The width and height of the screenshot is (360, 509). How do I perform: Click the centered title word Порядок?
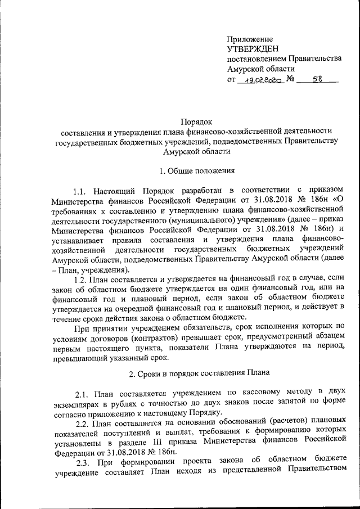tap(196, 120)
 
